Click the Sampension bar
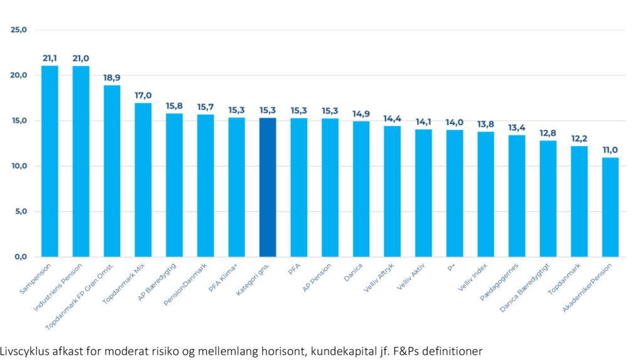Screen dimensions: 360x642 50,161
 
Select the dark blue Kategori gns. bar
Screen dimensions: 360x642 268,188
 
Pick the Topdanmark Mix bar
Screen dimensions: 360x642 143,180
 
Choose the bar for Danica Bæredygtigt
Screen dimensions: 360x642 548,199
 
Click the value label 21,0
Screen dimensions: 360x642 81,58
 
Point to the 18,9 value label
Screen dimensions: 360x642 112,78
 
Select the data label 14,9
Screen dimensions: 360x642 361,114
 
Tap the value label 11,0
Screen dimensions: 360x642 610,149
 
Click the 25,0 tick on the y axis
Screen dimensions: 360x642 20,29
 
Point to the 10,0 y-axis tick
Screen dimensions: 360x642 20,166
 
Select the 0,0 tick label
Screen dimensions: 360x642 23,257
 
